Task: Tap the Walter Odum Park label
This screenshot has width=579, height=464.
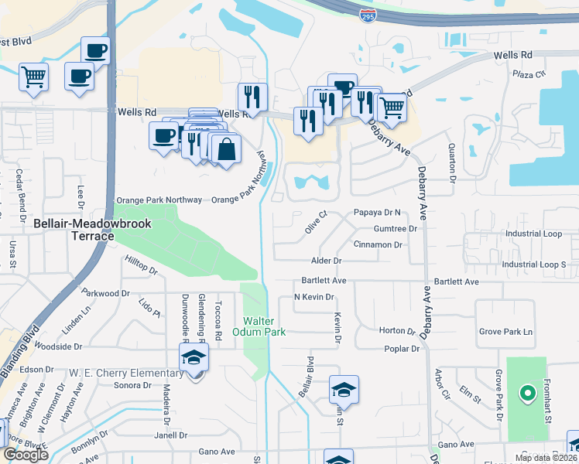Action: (x=265, y=326)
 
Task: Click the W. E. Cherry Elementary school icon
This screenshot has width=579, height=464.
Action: (x=194, y=358)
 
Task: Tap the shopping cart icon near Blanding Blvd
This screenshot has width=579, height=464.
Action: (x=34, y=77)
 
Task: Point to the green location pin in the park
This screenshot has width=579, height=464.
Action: (x=527, y=394)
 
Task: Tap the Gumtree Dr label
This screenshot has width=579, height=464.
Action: (x=396, y=229)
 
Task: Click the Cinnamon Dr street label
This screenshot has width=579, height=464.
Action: (x=378, y=244)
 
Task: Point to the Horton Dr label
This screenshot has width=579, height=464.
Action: (x=399, y=330)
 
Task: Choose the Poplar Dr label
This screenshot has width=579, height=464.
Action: (x=402, y=349)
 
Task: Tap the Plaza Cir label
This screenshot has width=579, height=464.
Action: (x=529, y=74)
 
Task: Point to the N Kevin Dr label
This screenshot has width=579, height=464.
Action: (x=313, y=297)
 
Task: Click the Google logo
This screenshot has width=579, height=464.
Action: (x=26, y=455)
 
